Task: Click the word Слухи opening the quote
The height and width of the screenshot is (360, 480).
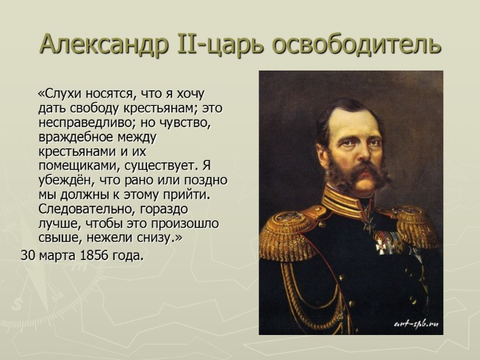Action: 63,94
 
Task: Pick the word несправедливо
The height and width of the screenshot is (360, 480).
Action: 82,123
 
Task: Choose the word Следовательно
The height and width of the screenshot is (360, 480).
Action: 82,209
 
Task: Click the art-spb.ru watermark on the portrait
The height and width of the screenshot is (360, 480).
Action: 416,323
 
